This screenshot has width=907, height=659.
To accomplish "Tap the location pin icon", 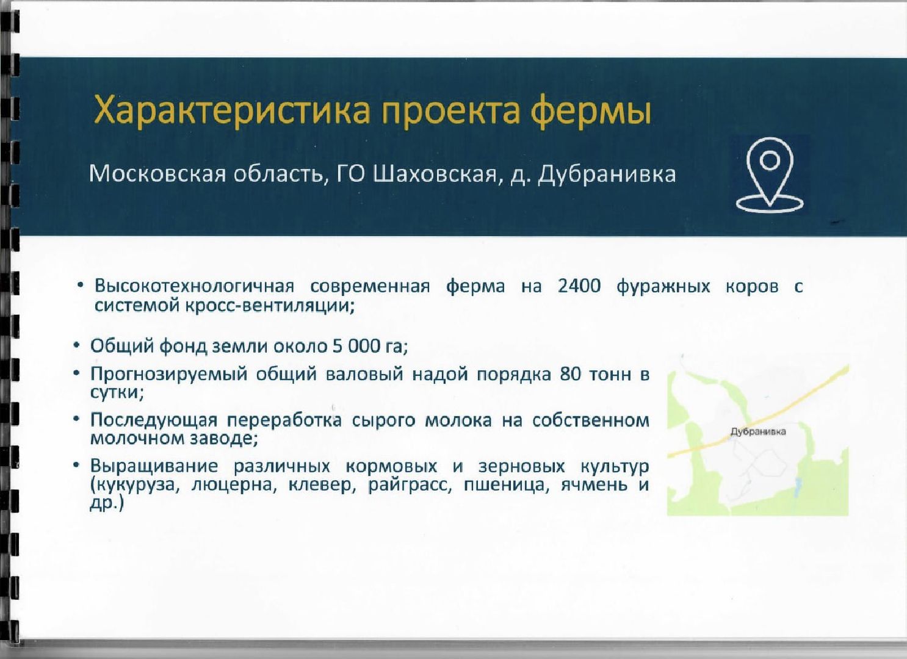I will click(x=770, y=175).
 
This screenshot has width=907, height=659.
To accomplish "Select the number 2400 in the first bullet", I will click(x=579, y=286).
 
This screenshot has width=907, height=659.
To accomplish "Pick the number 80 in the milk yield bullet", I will click(x=571, y=374).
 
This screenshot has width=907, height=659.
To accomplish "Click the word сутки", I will click(x=117, y=392).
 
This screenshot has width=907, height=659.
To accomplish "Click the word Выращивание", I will click(x=154, y=467).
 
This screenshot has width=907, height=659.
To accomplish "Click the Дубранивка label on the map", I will click(x=758, y=431).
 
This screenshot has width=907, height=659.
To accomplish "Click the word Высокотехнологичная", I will click(x=195, y=286).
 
